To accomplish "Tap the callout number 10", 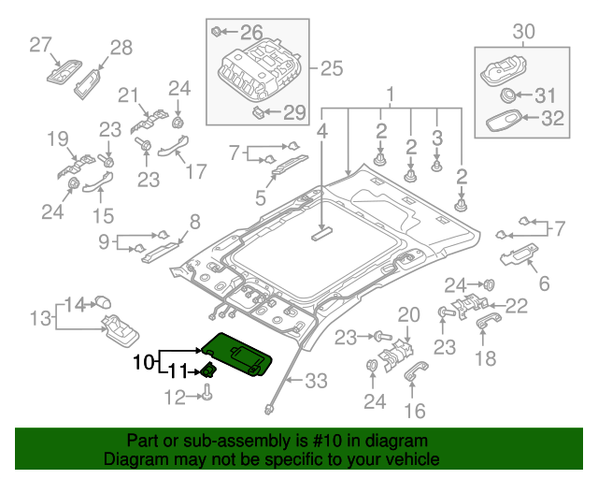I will (x=143, y=361).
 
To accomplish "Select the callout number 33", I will (x=317, y=381).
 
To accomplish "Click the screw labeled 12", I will (x=206, y=397).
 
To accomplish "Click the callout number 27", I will (x=40, y=44).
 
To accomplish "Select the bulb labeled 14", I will (x=104, y=301).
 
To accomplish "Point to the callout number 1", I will (x=392, y=94).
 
